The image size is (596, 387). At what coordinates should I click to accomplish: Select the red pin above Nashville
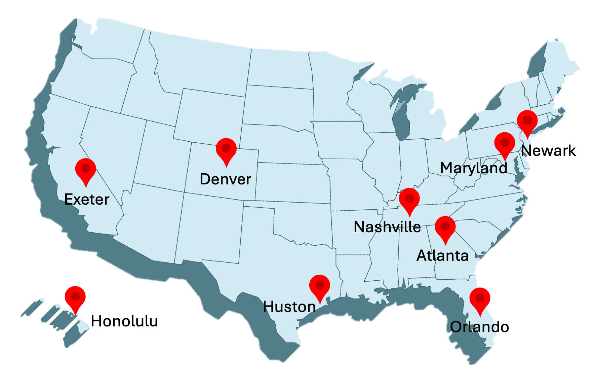(x=409, y=199)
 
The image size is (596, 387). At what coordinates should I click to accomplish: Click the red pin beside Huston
(x=319, y=286)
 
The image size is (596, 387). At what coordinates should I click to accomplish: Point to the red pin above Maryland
(x=505, y=143)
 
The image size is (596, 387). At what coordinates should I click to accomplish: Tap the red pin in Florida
(x=480, y=298)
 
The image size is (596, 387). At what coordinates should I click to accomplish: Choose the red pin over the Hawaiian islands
(x=75, y=297)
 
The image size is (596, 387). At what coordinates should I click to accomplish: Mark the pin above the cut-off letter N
(x=527, y=121)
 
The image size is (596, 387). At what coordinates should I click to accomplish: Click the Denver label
(x=225, y=179)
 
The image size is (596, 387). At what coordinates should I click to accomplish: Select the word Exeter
(x=87, y=200)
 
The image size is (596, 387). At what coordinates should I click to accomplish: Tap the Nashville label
(x=387, y=227)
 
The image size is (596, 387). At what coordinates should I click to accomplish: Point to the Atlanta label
(x=442, y=256)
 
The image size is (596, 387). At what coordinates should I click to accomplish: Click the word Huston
(x=289, y=307)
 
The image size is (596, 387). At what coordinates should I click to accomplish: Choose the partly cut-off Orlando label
(x=473, y=327)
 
